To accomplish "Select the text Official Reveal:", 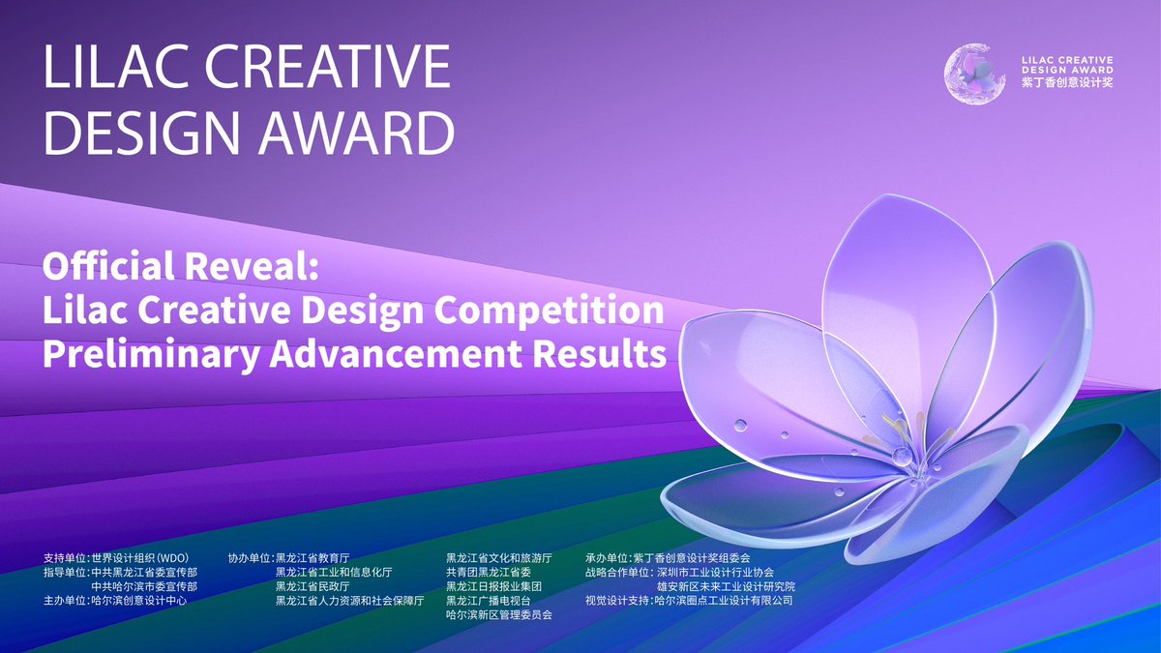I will [x=181, y=267].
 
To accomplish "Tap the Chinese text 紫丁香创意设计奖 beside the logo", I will [x=1066, y=84].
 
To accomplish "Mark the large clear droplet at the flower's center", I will [x=902, y=455].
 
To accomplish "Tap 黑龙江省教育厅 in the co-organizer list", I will [x=313, y=559].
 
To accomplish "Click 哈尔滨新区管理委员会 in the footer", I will [x=499, y=615].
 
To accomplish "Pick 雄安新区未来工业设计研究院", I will [x=726, y=587].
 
